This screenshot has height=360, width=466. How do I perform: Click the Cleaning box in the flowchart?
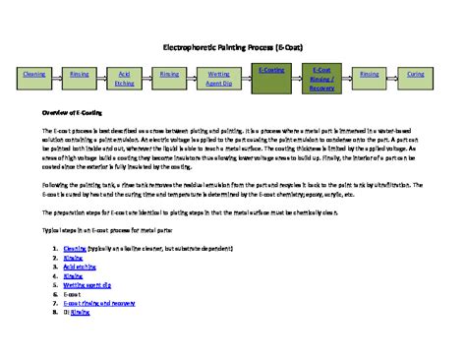pyautogui.click(x=33, y=75)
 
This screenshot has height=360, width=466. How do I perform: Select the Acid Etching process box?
pyautogui.click(x=125, y=79)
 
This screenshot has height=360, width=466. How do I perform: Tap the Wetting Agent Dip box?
pyautogui.click(x=219, y=79)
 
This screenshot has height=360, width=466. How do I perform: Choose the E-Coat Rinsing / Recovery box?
pyautogui.click(x=321, y=79)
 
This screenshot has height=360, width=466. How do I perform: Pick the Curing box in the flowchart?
pyautogui.click(x=416, y=75)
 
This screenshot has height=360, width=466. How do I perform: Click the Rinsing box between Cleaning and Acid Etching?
pyautogui.click(x=80, y=75)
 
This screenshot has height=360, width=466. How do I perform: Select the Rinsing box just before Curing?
pyautogui.click(x=370, y=75)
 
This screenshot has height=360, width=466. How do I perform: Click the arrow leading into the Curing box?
pyautogui.click(x=393, y=75)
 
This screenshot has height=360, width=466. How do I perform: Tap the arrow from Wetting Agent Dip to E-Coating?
pyautogui.click(x=245, y=76)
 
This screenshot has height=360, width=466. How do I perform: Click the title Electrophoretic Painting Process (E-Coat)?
pyautogui.click(x=233, y=46)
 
